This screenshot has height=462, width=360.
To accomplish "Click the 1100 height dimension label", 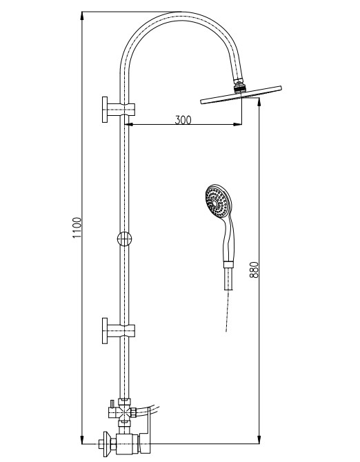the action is [77, 228].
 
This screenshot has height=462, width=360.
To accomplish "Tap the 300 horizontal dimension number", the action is [183, 120].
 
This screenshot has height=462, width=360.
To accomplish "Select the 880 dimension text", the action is [254, 270].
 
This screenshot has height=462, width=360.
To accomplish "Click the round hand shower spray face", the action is [217, 201].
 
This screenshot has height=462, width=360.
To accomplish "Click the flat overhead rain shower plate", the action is [241, 95].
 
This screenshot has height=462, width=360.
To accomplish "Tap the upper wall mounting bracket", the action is [118, 110].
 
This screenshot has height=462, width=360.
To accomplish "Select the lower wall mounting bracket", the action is [118, 330].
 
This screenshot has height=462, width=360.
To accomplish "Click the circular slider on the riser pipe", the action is [124, 239].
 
